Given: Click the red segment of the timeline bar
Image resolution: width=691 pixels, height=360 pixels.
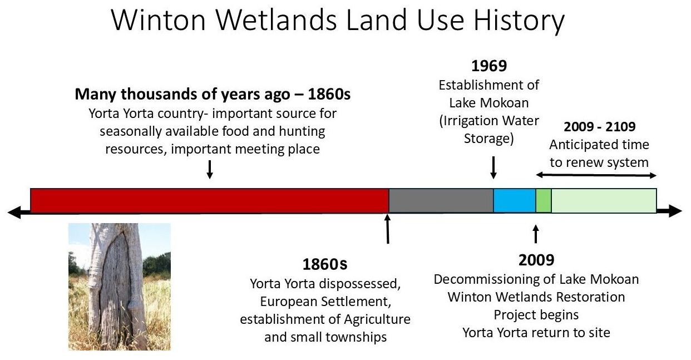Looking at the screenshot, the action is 209,200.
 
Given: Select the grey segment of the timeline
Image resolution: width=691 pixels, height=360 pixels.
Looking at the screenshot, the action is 441,200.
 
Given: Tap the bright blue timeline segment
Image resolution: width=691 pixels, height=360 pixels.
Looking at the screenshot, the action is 515,200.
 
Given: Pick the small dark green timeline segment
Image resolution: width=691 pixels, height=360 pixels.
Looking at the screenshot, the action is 544,200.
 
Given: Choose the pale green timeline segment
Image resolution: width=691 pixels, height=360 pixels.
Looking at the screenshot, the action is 604,200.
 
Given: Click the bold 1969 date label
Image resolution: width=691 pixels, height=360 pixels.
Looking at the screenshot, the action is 489,66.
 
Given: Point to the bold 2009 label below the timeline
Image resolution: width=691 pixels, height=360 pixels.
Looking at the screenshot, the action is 536,260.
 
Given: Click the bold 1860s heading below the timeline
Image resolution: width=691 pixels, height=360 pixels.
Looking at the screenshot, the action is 325,264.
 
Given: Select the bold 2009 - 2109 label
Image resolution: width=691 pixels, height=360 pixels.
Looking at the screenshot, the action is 599,126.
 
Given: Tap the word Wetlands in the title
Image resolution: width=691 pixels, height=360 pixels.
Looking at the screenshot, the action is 276,21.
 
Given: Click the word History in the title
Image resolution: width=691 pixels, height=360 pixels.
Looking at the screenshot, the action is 519,22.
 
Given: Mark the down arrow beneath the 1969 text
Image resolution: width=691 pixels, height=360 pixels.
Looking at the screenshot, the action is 493,167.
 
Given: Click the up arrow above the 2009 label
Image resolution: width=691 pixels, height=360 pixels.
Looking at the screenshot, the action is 536,234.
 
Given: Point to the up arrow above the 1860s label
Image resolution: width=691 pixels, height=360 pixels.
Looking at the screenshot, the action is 387,229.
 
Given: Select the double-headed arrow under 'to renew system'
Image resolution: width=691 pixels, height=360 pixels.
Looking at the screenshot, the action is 596,175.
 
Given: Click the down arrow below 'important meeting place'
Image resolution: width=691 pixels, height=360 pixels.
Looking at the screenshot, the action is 210,169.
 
